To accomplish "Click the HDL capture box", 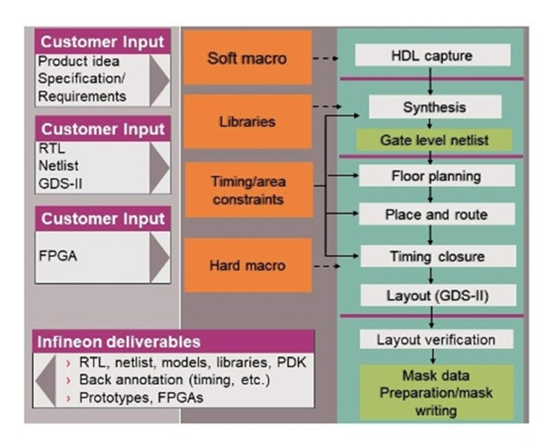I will (433, 55).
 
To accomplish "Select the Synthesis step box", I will (434, 107).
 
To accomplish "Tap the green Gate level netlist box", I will (434, 140).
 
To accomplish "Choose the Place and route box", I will (435, 214).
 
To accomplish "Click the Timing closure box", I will (437, 257).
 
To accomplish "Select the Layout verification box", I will (435, 339).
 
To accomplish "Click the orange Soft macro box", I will (247, 57).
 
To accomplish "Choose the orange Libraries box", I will (247, 121).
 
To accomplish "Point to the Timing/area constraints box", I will (247, 191).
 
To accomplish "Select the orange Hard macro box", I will (247, 265).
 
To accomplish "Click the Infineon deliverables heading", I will (129, 342).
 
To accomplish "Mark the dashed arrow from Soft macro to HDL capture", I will (325, 59).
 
